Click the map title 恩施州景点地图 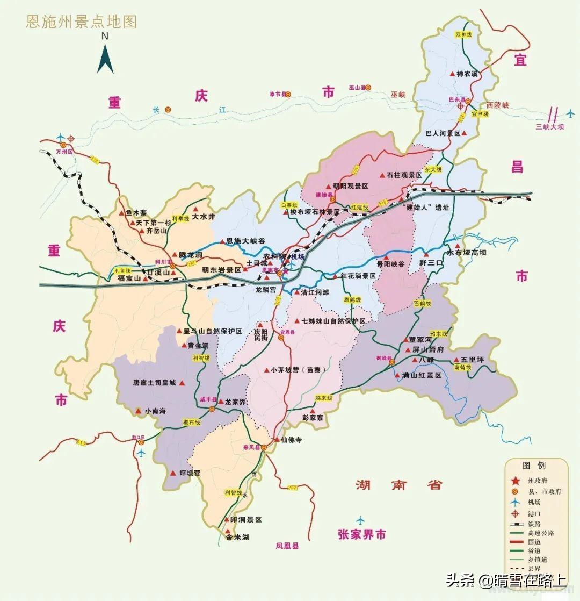[x=82, y=22]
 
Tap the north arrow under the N [x=105, y=57]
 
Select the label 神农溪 [x=467, y=74]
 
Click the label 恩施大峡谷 [x=245, y=241]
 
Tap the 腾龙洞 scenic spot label [x=190, y=255]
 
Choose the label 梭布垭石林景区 [x=315, y=212]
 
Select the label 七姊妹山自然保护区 [x=333, y=321]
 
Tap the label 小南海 [x=155, y=411]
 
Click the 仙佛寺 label [x=291, y=440]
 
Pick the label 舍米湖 [x=237, y=537]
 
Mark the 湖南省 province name [x=398, y=485]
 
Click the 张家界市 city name [x=362, y=535]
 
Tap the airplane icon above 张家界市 [x=360, y=520]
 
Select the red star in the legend [x=514, y=481]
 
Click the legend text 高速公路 [x=540, y=533]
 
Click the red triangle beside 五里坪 [x=448, y=360]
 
